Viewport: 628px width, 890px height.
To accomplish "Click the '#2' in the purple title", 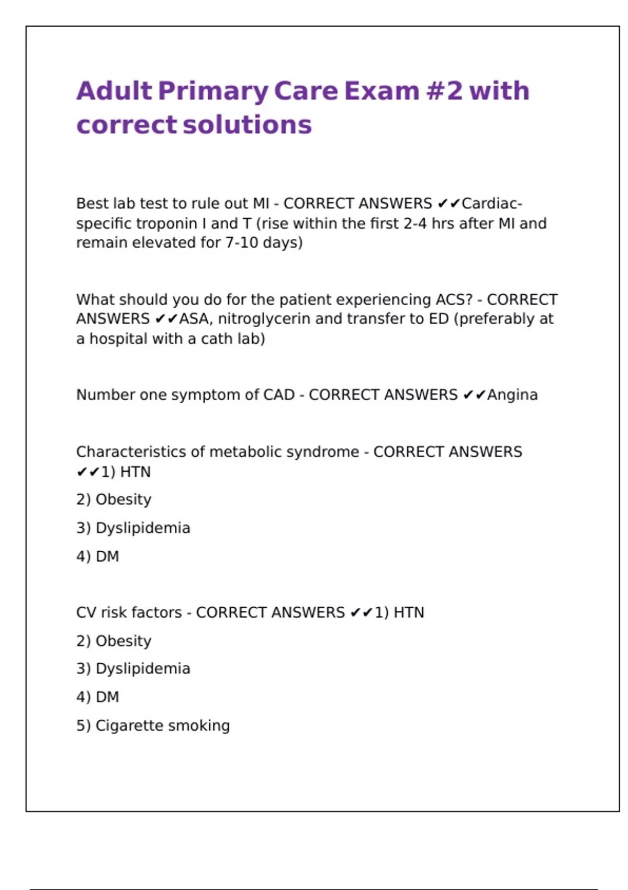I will [x=444, y=91].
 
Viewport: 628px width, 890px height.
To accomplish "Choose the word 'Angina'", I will [x=512, y=395].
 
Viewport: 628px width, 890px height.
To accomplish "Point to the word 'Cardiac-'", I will [x=492, y=203].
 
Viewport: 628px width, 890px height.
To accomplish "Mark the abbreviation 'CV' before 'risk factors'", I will [x=86, y=613].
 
